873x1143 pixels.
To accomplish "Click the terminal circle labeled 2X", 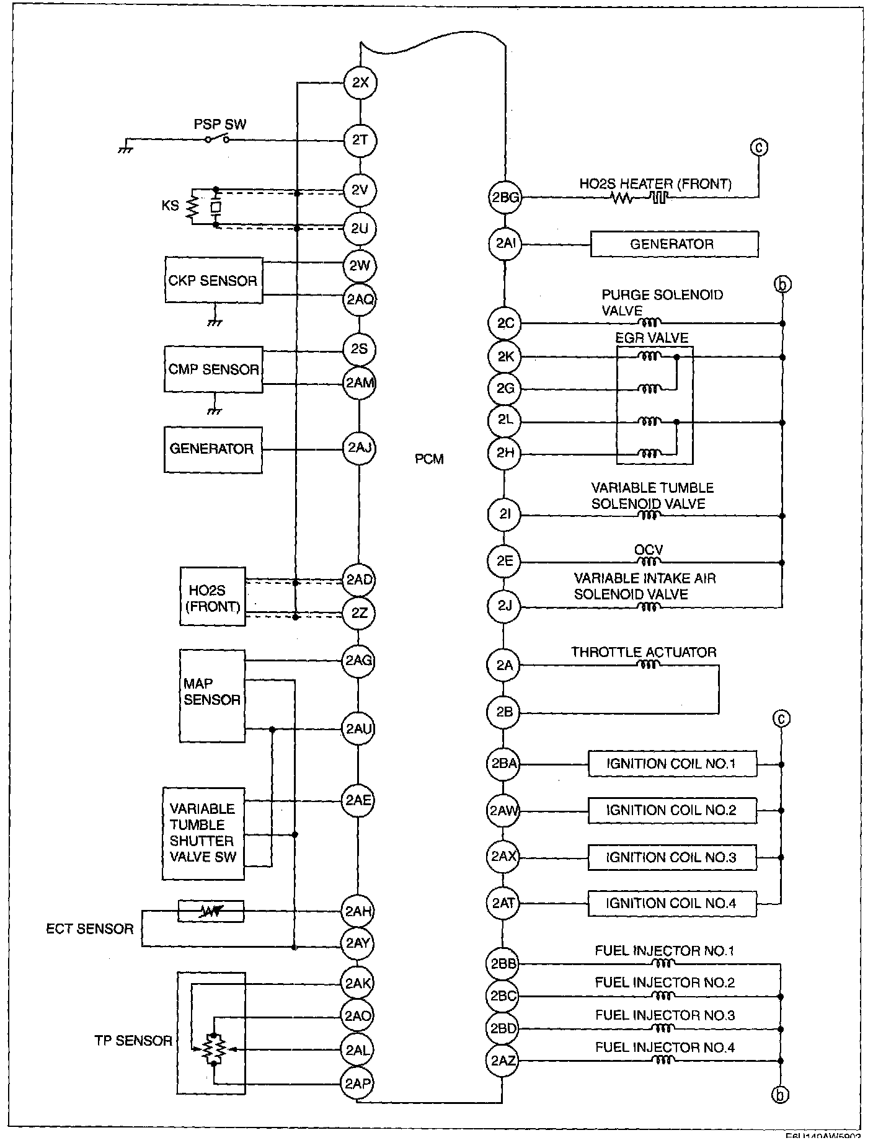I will (360, 82).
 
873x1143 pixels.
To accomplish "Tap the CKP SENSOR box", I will (213, 281).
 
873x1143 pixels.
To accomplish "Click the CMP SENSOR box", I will (213, 369).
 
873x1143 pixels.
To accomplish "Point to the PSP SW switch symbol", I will (218, 139).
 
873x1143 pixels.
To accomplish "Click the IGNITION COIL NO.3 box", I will (672, 857).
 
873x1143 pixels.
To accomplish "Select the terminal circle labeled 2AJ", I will (360, 448).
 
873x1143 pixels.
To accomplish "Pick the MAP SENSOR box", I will (212, 695).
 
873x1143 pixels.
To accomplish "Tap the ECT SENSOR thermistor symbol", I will (211, 911).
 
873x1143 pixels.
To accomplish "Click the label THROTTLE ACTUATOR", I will (644, 652).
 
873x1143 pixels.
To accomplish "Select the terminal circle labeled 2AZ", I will (503, 1061).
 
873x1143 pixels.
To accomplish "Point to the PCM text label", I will (429, 459).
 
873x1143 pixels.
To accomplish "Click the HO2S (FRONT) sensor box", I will (213, 596).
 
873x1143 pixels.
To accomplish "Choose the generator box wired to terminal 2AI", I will (673, 244).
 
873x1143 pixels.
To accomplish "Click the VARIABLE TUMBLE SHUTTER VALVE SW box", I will (203, 834).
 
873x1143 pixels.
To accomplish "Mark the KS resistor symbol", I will (192, 206).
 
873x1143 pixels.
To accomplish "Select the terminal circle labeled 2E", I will (505, 561).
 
